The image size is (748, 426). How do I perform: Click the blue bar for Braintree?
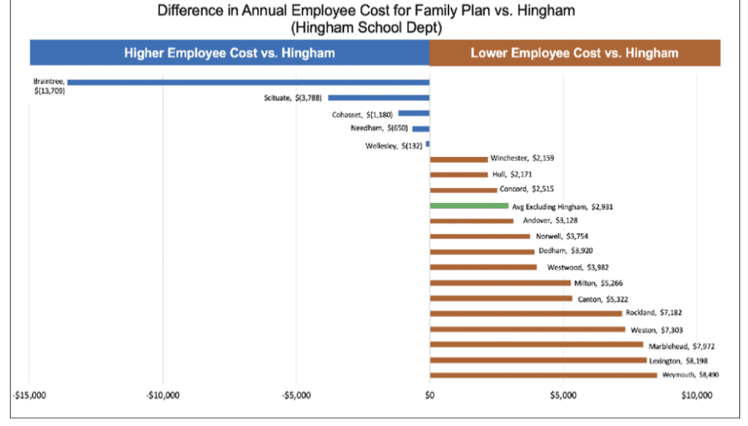[248, 82]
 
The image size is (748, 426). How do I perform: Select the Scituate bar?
[379, 97]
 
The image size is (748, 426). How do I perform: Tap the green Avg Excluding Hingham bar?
[469, 205]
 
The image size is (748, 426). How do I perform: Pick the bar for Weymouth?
[543, 375]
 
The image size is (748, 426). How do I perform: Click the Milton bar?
[500, 283]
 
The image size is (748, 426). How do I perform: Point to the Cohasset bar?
[413, 113]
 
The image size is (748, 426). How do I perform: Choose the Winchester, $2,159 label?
[522, 158]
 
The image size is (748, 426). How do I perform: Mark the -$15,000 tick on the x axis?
[29, 395]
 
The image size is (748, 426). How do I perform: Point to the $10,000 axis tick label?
[696, 395]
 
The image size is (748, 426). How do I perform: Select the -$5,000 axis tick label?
[296, 395]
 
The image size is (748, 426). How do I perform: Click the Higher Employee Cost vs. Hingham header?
[229, 53]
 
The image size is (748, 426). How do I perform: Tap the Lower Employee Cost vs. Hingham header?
[574, 53]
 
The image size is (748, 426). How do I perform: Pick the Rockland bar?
[526, 313]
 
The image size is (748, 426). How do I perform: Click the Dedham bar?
[482, 251]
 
